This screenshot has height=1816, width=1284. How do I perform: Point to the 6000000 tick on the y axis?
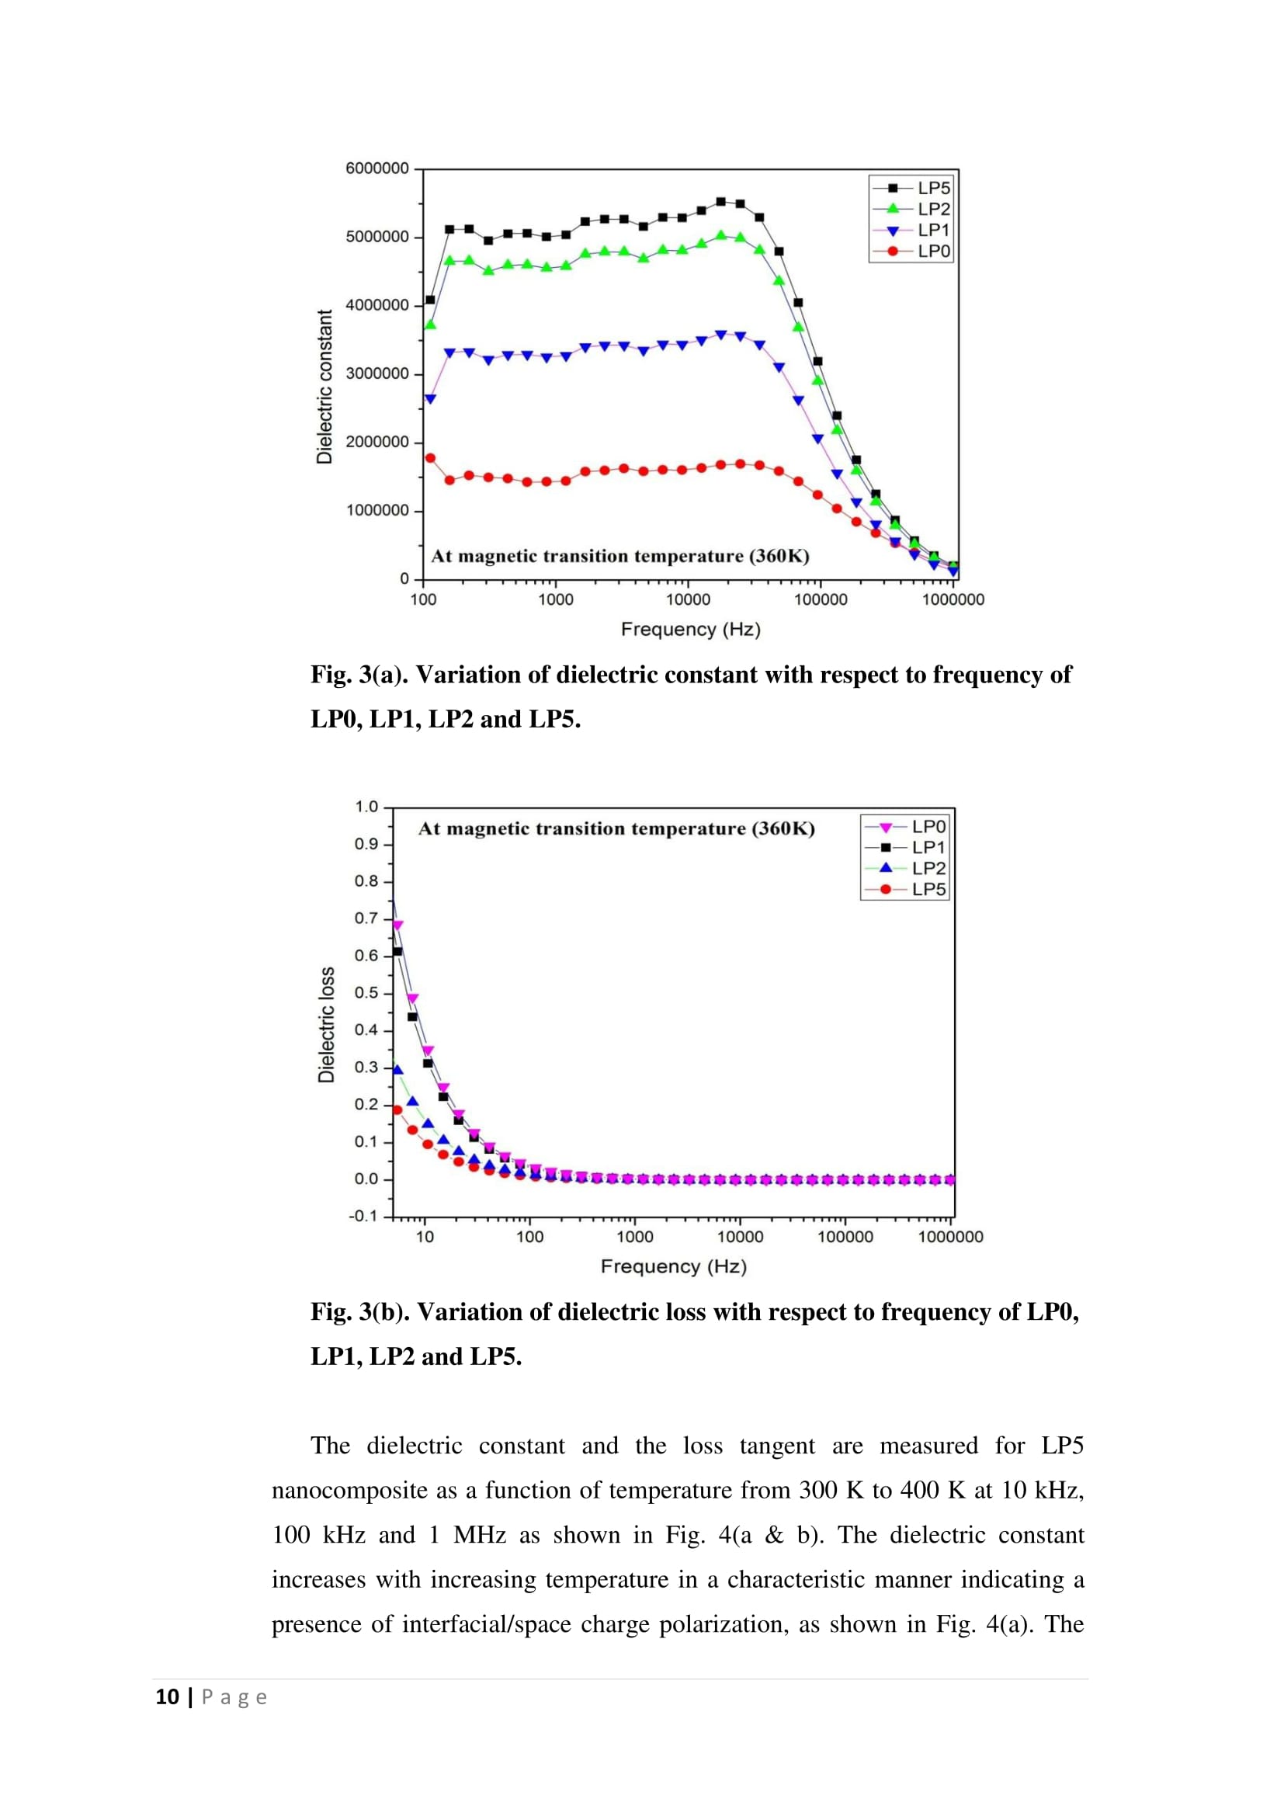(x=377, y=168)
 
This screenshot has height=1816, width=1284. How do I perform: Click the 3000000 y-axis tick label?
(x=377, y=373)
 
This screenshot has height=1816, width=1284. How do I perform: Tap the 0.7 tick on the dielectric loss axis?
(x=366, y=918)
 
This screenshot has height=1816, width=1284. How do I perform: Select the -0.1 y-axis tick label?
(x=363, y=1216)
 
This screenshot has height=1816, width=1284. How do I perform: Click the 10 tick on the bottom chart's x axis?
(x=425, y=1237)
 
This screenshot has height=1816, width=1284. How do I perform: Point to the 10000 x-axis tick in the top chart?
(x=688, y=599)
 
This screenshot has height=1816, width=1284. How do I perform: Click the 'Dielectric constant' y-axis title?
(x=324, y=387)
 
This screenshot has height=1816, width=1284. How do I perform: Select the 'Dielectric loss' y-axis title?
(x=326, y=1024)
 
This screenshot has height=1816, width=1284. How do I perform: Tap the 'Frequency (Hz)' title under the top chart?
(x=690, y=630)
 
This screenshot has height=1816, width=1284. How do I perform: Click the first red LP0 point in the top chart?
(x=430, y=458)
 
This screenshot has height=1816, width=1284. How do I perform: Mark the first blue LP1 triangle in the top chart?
(x=430, y=399)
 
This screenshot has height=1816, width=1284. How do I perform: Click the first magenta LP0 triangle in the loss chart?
(x=397, y=925)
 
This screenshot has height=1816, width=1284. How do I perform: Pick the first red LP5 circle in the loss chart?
(x=397, y=1109)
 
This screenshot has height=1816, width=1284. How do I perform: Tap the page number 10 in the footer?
(x=167, y=1696)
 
